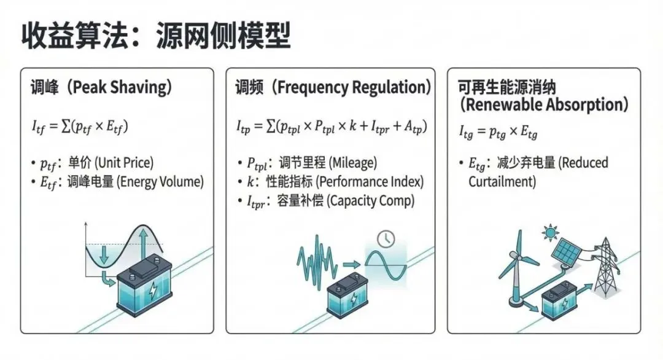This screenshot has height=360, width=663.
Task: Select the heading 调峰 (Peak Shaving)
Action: [x=101, y=88]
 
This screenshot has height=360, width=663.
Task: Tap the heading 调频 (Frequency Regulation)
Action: [x=332, y=88]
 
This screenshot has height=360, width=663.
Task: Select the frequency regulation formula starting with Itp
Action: [x=331, y=127]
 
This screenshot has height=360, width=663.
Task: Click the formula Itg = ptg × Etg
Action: [x=499, y=131]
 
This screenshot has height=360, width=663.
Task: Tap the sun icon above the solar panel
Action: [x=548, y=233]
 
